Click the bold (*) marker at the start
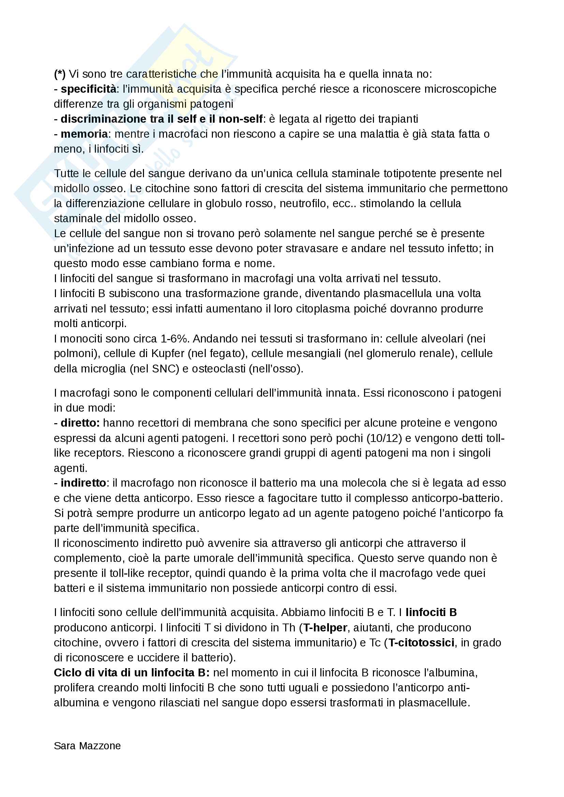tap(59, 74)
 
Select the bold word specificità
tap(89, 89)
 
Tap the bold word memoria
tap(84, 134)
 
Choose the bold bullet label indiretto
tap(83, 483)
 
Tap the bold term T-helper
tap(325, 628)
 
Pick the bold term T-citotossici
tap(421, 643)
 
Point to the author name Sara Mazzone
tap(87, 746)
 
